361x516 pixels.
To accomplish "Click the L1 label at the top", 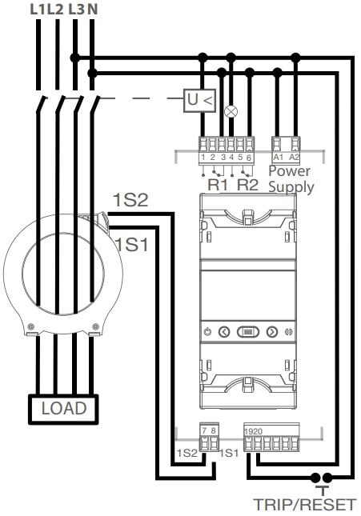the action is pyautogui.click(x=38, y=10).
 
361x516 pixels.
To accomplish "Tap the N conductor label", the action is pyautogui.click(x=93, y=10).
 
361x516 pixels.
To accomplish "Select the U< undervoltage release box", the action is pyautogui.click(x=199, y=100).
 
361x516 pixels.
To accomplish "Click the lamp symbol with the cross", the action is pyautogui.click(x=231, y=111).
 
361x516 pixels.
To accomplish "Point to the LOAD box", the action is pyautogui.click(x=63, y=409).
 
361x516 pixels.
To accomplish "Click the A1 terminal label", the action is pyautogui.click(x=279, y=158).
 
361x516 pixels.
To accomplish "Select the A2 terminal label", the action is pyautogui.click(x=294, y=158).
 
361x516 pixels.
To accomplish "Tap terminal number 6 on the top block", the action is pyautogui.click(x=249, y=158).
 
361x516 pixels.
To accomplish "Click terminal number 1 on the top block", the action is pyautogui.click(x=203, y=158).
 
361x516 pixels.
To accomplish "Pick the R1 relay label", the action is pyautogui.click(x=218, y=185).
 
